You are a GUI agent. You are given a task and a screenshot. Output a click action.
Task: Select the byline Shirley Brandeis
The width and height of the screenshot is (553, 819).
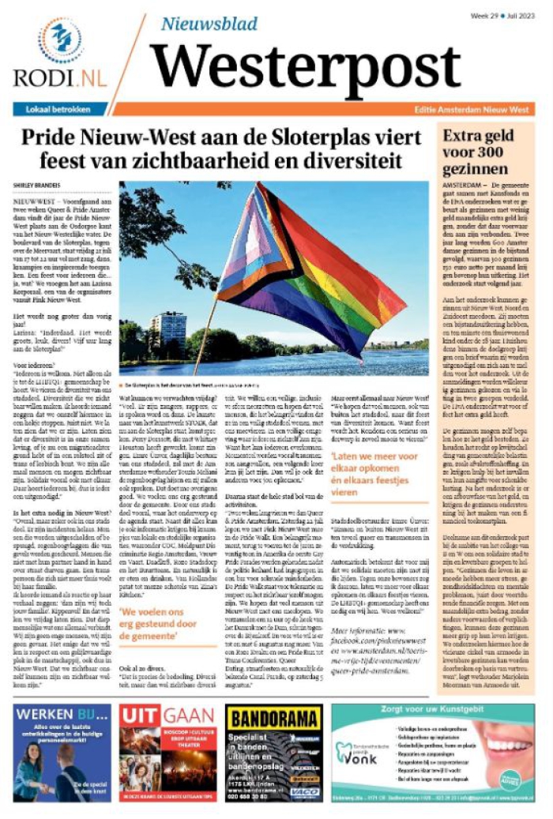(x=36, y=187)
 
